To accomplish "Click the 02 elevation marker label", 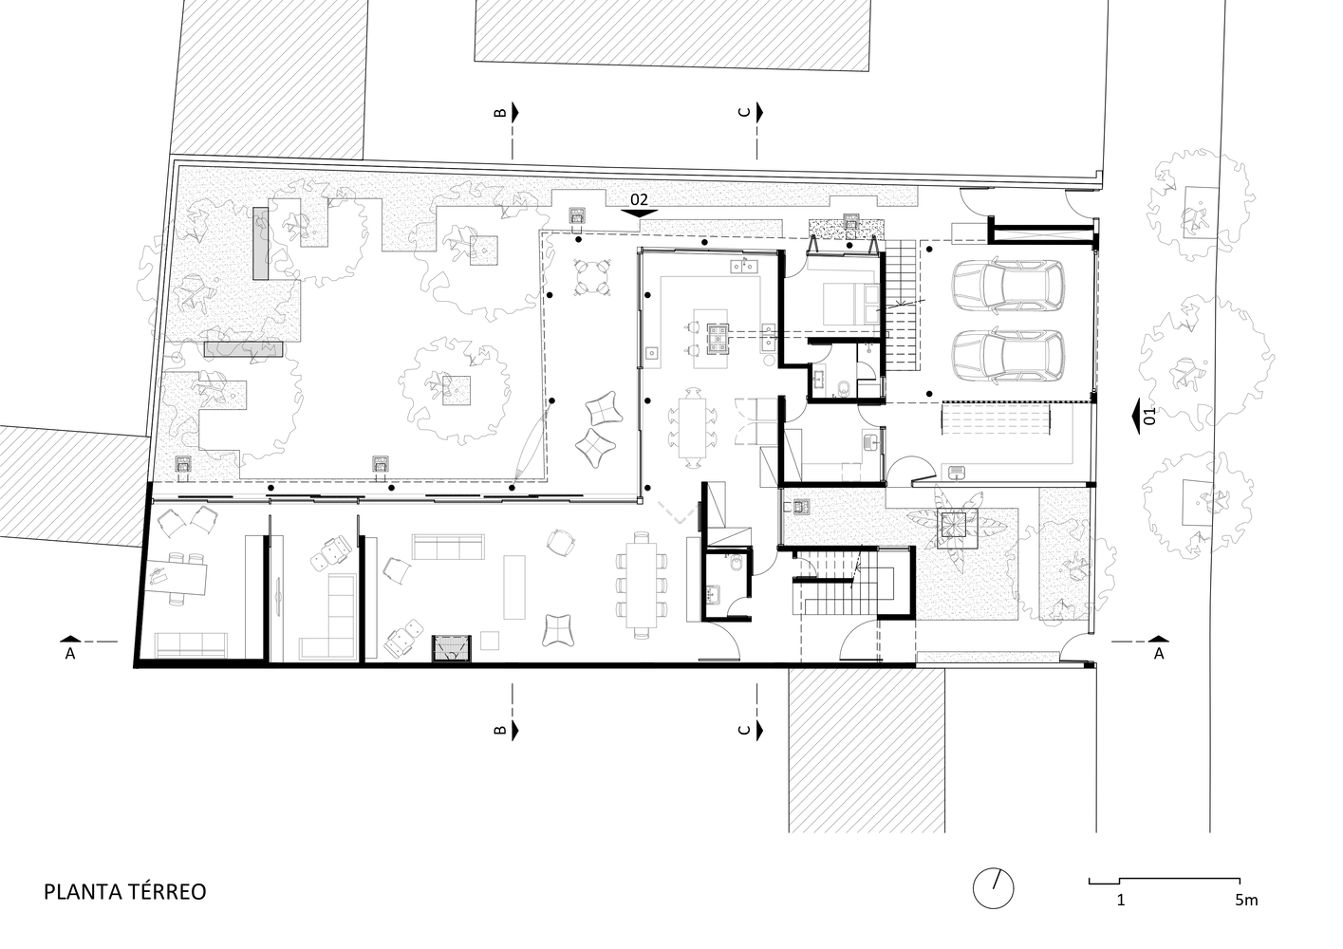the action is pos(639,199).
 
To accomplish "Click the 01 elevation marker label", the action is pos(1148,416).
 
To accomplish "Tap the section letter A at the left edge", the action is pos(70,654).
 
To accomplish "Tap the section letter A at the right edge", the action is pos(1158,654).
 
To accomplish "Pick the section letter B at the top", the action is pos(500,112).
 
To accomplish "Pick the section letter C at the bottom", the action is pos(744,730).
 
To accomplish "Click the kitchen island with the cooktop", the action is pos(711,339).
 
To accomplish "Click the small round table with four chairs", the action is pos(592,276).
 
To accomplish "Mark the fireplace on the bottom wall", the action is pos(452,648).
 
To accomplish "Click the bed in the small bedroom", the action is pos(850,304).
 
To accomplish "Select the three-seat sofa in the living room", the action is pos(448,546).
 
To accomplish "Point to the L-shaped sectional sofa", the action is pos(327,616).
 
